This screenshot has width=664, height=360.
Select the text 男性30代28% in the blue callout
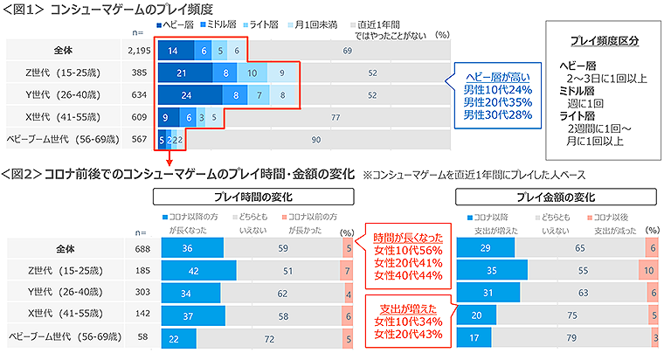496,114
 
